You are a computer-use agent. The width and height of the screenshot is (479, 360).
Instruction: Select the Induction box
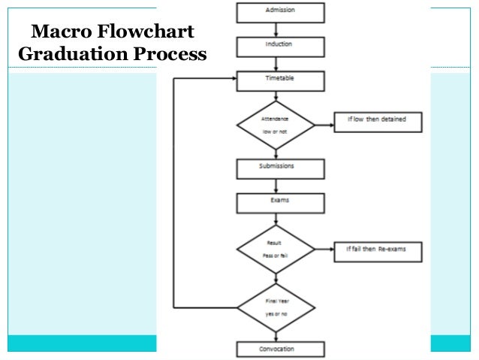(281, 47)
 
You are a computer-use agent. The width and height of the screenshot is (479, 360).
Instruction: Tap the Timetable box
(281, 80)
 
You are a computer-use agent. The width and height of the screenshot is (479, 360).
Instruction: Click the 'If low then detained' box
(378, 121)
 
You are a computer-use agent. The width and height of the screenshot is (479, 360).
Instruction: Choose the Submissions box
(281, 168)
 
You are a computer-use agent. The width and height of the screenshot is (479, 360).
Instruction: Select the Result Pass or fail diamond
(275, 249)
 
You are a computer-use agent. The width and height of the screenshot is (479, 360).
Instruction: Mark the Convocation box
(281, 349)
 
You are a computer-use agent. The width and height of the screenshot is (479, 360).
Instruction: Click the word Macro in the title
(56, 33)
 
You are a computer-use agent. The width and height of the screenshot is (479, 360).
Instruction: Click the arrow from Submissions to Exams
(281, 186)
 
